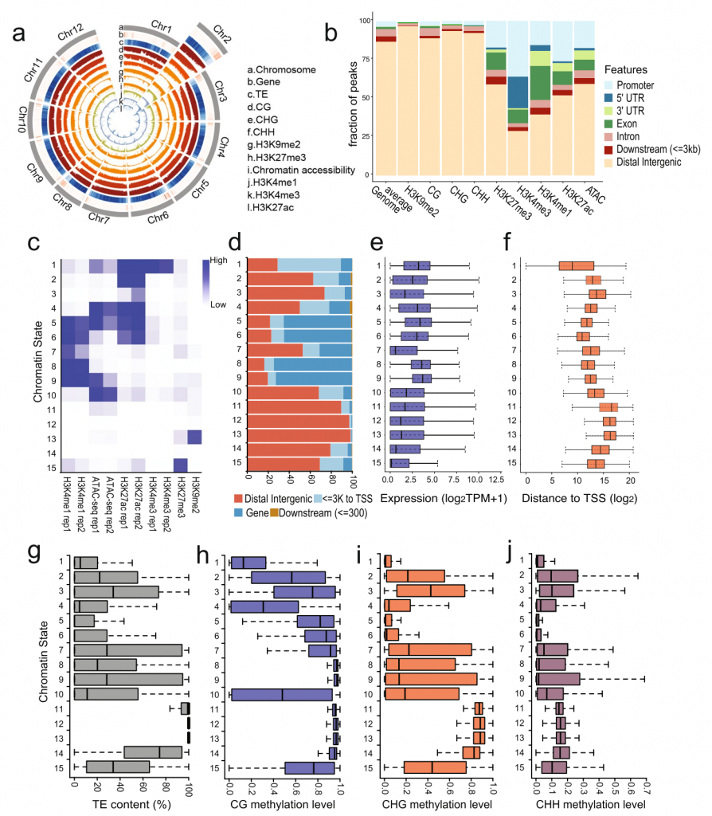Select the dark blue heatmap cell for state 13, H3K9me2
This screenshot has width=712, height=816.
pos(194,436)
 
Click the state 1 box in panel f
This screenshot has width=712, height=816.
pos(577,266)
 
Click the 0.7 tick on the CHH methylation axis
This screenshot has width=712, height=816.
pos(644,787)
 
